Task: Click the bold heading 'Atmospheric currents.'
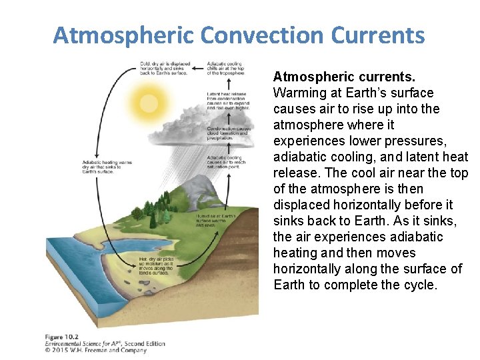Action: pos(344,77)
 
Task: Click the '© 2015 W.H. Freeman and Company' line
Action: pos(95,349)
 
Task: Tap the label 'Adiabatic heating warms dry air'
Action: pos(107,166)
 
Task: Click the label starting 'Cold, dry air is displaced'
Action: pos(165,68)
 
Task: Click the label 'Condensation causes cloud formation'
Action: pos(229,133)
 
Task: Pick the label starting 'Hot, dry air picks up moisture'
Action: pos(157,265)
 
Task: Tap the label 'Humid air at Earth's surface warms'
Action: pos(215,220)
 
